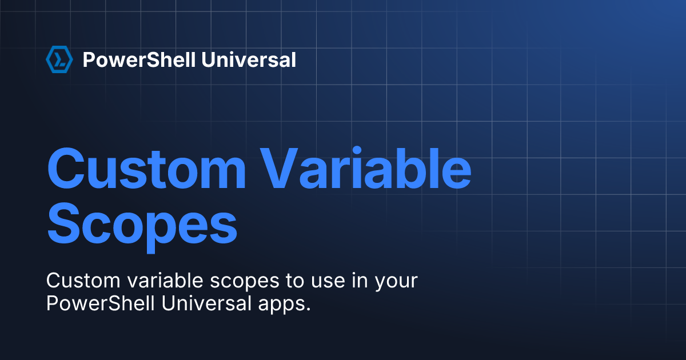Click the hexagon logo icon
point(59,59)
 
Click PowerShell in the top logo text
point(139,59)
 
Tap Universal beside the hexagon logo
point(249,59)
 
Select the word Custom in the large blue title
point(146,169)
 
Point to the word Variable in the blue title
point(366,168)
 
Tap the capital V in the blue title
point(279,169)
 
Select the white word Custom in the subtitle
point(83,281)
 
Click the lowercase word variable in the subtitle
point(165,280)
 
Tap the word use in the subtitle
point(328,282)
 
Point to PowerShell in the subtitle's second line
point(101,303)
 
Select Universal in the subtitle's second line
point(207,303)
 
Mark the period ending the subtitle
point(308,309)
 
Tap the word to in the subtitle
point(295,281)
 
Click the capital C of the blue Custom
point(66,169)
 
